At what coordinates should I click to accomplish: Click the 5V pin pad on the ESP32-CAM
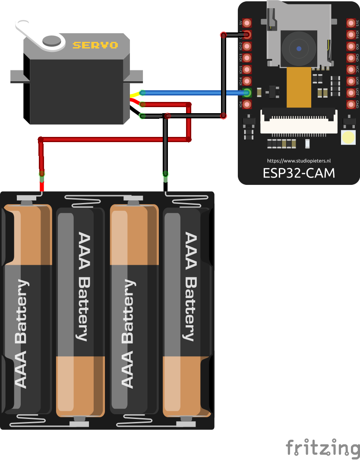click(247, 23)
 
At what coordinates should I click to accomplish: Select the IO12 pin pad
click(247, 46)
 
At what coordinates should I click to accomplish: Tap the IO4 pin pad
click(247, 104)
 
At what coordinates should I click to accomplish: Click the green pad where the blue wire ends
click(247, 92)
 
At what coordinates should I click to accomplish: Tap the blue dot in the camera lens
click(299, 49)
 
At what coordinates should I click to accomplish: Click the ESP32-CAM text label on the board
click(299, 173)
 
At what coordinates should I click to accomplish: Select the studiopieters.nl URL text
click(299, 160)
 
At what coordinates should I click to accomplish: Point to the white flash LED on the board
click(348, 137)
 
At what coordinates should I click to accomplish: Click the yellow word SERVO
click(101, 45)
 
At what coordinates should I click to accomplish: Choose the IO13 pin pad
click(247, 58)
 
